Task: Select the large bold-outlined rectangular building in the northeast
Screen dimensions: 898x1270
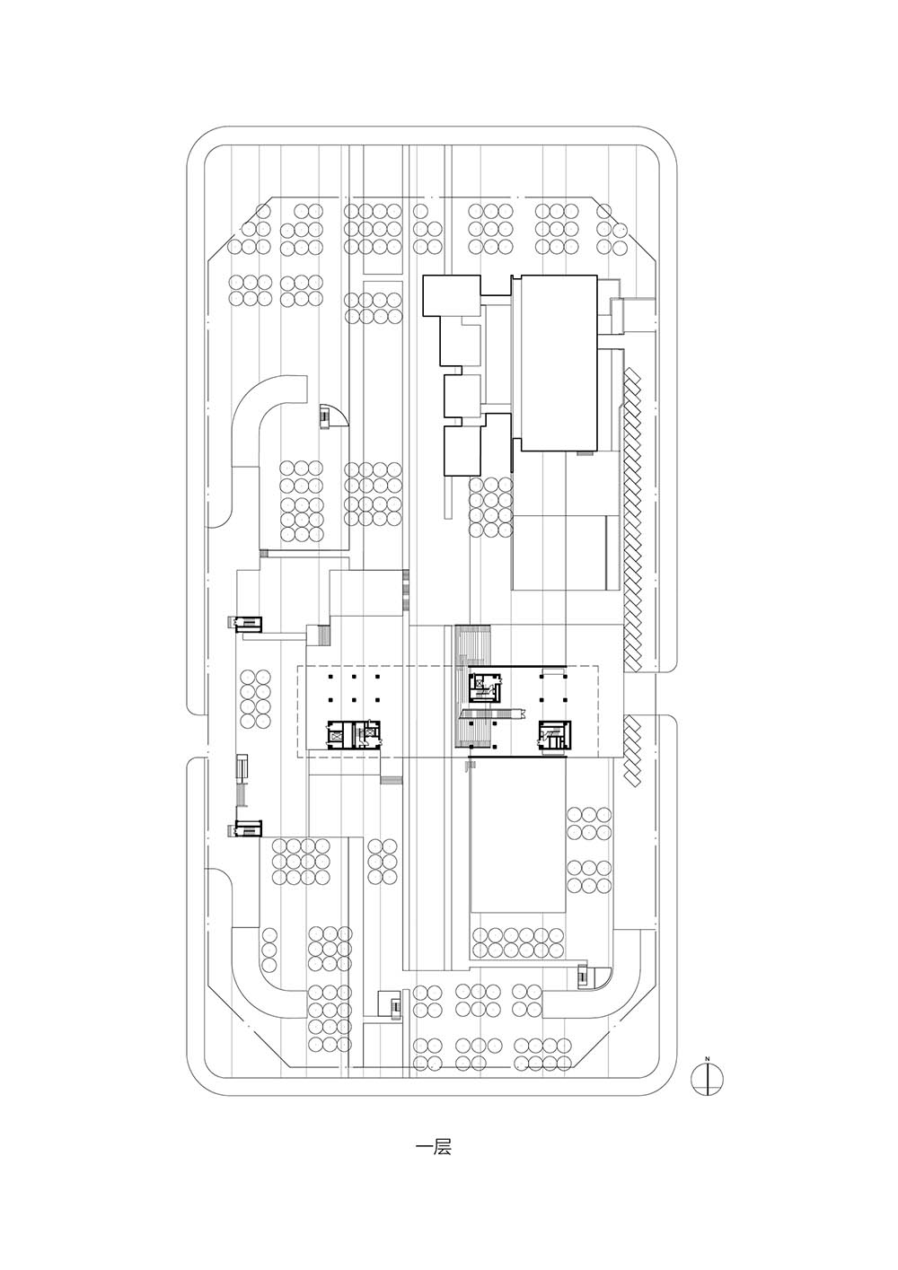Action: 559,363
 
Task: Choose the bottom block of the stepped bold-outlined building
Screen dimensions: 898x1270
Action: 462,451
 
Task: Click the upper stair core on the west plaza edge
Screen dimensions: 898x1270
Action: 245,624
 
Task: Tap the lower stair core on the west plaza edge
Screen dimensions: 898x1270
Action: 245,828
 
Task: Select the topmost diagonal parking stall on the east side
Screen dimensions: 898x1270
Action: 631,375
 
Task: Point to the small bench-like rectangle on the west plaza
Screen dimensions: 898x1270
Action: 242,766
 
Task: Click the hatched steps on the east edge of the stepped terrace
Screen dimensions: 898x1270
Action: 405,591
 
